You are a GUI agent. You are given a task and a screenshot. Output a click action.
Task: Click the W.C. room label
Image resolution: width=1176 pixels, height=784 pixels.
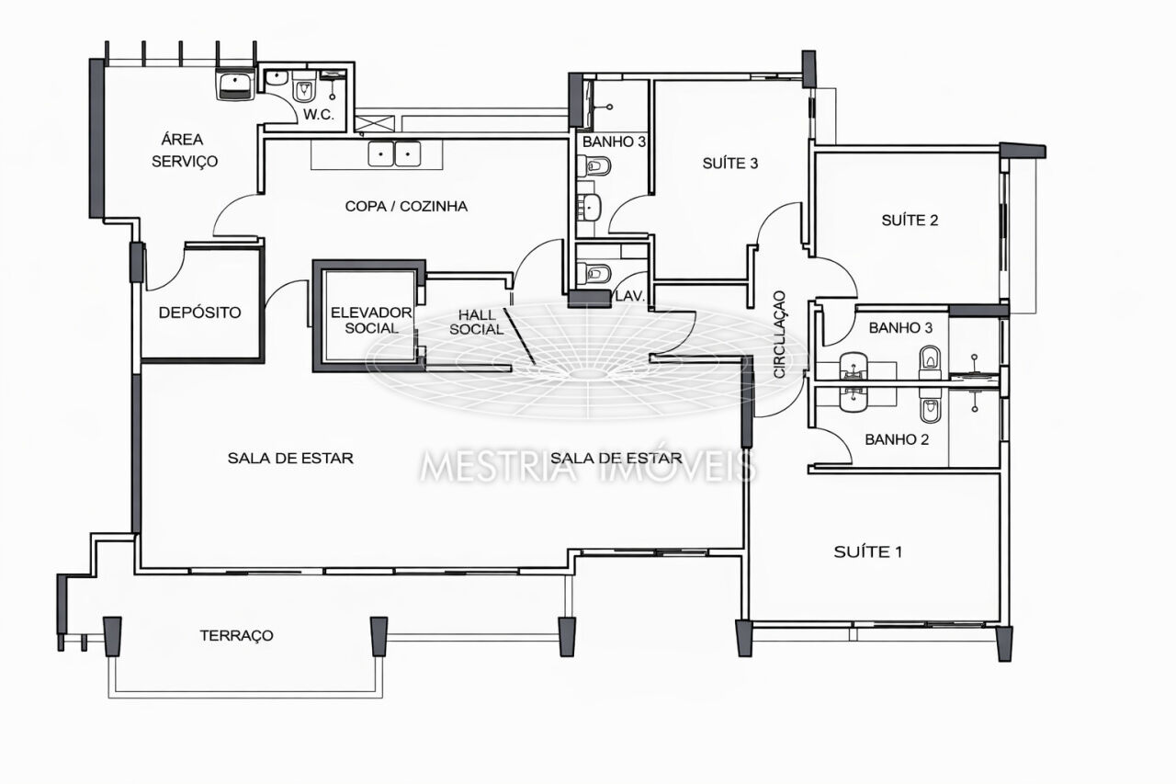pos(319,115)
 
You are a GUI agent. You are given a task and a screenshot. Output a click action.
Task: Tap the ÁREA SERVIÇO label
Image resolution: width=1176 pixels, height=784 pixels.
pos(185,150)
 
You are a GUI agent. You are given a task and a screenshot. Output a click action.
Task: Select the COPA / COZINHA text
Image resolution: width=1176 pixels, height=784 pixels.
pos(406,206)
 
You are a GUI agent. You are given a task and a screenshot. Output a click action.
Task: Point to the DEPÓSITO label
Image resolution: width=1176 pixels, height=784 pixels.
pos(199,312)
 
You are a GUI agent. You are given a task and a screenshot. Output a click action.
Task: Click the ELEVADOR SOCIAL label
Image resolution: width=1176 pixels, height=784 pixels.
pos(371,321)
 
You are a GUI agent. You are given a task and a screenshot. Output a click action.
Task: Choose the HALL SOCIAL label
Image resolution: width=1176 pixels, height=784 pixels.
pos(477,322)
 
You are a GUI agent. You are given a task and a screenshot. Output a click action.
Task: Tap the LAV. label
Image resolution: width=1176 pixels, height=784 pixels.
pos(629,296)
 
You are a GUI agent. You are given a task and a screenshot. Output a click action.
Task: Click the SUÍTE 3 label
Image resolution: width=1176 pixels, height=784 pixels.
pos(730,164)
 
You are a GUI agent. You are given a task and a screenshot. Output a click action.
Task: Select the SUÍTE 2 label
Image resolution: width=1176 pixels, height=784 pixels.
pos(910,220)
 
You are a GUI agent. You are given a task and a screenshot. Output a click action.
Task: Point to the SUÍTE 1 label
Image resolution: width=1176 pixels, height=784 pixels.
pos(868,551)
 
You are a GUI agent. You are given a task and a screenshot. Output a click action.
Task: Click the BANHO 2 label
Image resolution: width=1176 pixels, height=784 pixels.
pos(897,439)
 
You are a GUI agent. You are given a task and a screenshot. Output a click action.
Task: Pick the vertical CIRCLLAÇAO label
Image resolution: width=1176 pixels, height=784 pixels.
pos(780,335)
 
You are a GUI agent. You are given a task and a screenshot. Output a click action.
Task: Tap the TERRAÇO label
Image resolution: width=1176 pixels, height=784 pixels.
pos(236,635)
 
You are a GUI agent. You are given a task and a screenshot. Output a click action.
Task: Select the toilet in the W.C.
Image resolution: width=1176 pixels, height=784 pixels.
pos(303,89)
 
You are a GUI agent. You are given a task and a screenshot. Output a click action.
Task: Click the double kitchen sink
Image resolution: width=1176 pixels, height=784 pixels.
pos(394,154)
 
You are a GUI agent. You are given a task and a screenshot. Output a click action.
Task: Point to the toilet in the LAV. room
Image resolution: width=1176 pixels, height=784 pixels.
pos(594,273)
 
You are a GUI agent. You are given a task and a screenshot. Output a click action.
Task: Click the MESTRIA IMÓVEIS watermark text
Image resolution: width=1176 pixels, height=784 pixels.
pos(588,466)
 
